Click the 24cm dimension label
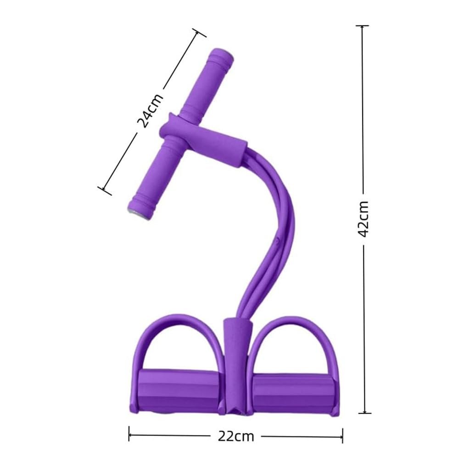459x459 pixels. (150, 111)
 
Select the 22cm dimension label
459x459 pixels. (235, 437)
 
